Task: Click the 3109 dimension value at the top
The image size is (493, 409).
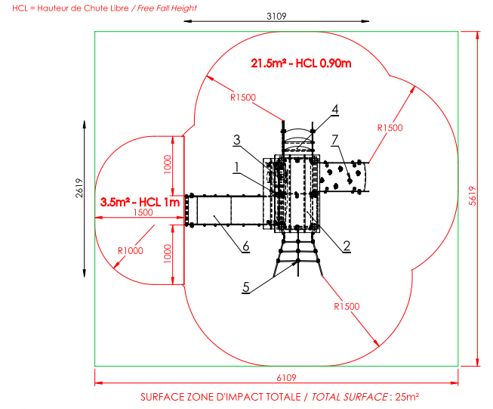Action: tap(276, 16)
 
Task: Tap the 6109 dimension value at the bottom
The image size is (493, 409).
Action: tap(286, 377)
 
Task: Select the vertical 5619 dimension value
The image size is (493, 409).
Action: tap(473, 196)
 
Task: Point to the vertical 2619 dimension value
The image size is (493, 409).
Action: tap(79, 188)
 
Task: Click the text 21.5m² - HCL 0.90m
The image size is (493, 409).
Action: tap(301, 64)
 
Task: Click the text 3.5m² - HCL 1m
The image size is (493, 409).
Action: tap(140, 202)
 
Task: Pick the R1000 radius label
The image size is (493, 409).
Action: tap(130, 251)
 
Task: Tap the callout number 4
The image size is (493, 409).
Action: tap(335, 110)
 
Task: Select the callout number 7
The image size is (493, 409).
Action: tap(335, 140)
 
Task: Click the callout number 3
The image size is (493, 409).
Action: tap(237, 139)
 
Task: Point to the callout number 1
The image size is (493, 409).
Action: tap(237, 167)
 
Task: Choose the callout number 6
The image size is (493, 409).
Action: tap(246, 246)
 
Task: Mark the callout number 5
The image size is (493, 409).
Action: tap(246, 287)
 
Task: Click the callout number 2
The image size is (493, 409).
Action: tap(347, 246)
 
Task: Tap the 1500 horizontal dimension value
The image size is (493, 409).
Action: tap(143, 212)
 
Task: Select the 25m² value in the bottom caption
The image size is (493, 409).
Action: tap(407, 397)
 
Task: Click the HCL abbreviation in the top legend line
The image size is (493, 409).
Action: tap(20, 8)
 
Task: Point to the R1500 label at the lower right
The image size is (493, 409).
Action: tap(347, 306)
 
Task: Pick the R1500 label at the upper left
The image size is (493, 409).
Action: tap(243, 98)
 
